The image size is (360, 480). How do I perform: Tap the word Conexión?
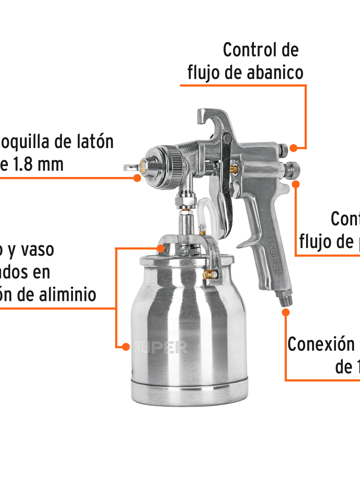point(321,344)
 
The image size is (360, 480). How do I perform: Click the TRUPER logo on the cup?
point(160,347)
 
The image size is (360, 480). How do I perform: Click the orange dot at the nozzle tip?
point(137,178)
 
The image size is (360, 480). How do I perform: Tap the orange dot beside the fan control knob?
point(293,148)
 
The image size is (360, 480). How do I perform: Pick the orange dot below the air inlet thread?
point(286,312)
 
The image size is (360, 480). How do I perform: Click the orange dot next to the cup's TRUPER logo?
point(126,347)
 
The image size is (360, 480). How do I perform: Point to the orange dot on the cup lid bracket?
point(161,248)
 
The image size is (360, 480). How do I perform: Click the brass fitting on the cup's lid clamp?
point(210,275)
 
